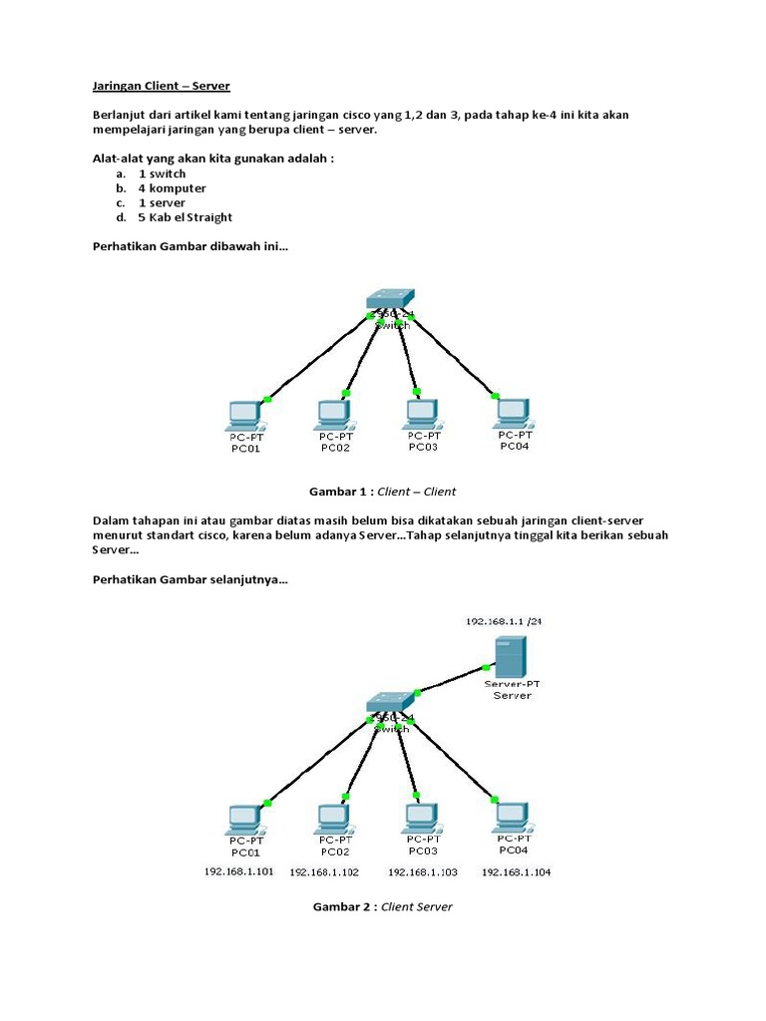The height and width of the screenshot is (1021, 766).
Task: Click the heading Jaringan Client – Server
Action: point(161,87)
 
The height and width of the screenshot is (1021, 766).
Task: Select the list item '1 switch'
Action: point(162,173)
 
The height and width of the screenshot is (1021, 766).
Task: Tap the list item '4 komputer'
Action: point(172,187)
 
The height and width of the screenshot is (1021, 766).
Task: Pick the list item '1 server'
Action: point(162,202)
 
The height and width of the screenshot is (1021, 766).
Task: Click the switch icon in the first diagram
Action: point(388,299)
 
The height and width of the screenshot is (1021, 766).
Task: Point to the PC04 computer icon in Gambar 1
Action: point(514,412)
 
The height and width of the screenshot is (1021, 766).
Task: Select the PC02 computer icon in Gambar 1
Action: point(332,413)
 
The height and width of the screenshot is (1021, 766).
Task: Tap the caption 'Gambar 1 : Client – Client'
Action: point(383,492)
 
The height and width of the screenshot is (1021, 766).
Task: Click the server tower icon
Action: point(511,657)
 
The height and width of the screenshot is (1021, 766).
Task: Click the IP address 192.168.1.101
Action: point(239,871)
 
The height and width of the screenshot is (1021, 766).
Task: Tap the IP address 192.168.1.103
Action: point(423,872)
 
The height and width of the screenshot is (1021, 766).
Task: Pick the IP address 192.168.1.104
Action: point(516,872)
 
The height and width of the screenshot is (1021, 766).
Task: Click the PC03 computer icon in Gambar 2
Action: point(422,817)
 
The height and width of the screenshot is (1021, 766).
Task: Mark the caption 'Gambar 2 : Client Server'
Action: point(383,906)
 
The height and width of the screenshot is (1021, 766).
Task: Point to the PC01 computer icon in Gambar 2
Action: point(243,818)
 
